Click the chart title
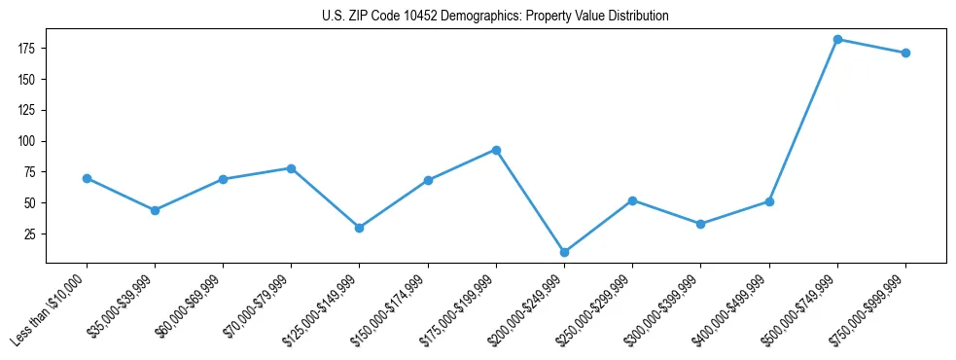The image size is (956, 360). (495, 17)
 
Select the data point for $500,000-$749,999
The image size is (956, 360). (837, 39)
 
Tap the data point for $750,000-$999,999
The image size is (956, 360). (905, 53)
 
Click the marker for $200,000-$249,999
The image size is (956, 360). (564, 252)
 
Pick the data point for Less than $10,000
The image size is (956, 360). (87, 178)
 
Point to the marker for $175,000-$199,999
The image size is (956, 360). (496, 150)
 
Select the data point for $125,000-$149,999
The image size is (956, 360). (360, 228)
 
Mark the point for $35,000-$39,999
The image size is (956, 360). (155, 210)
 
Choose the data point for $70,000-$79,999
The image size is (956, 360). (291, 168)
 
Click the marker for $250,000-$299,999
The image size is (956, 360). (632, 200)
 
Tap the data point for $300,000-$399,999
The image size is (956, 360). (700, 224)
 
